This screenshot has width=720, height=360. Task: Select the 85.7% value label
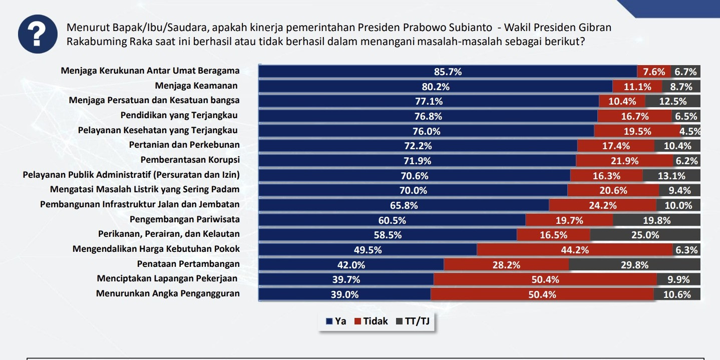point(448,72)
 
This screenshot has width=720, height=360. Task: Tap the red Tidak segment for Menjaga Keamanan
point(637,87)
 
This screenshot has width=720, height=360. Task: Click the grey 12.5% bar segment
point(672,101)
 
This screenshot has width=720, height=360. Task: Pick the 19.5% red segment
point(637,131)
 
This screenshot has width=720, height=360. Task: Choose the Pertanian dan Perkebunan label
point(184,145)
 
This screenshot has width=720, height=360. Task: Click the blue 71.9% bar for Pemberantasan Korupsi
point(417,161)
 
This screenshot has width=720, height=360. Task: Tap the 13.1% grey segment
point(671,176)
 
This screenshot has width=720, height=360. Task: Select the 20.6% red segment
point(613,190)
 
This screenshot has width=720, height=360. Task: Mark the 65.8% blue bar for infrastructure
point(404,205)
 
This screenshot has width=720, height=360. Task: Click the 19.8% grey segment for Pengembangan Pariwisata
point(656,220)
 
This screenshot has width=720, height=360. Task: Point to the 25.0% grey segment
point(645,235)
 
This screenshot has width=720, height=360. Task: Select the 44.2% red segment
point(574,250)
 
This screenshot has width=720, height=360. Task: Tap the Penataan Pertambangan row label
point(188,263)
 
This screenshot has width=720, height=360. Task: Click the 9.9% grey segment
point(678,279)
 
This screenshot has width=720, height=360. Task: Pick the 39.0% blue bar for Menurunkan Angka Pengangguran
point(344,294)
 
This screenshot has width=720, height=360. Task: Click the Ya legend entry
point(336,321)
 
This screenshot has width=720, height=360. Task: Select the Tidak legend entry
point(371,321)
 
